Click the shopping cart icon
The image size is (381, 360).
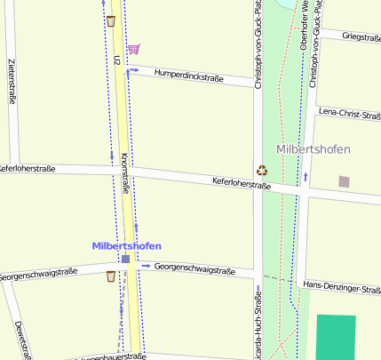pos(132,49)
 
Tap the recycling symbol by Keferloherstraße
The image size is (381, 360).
pos(262,170)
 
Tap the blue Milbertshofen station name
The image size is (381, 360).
pos(127,245)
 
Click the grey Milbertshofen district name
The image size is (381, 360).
pos(313,148)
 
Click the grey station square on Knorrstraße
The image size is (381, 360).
pos(126,260)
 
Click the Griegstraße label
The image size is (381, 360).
pos(361,36)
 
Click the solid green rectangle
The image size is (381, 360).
pos(336,337)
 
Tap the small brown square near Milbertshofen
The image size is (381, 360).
pos(344,182)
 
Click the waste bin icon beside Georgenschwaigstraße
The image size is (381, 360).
pos(110,276)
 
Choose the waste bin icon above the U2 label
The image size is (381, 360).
pos(110,20)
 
